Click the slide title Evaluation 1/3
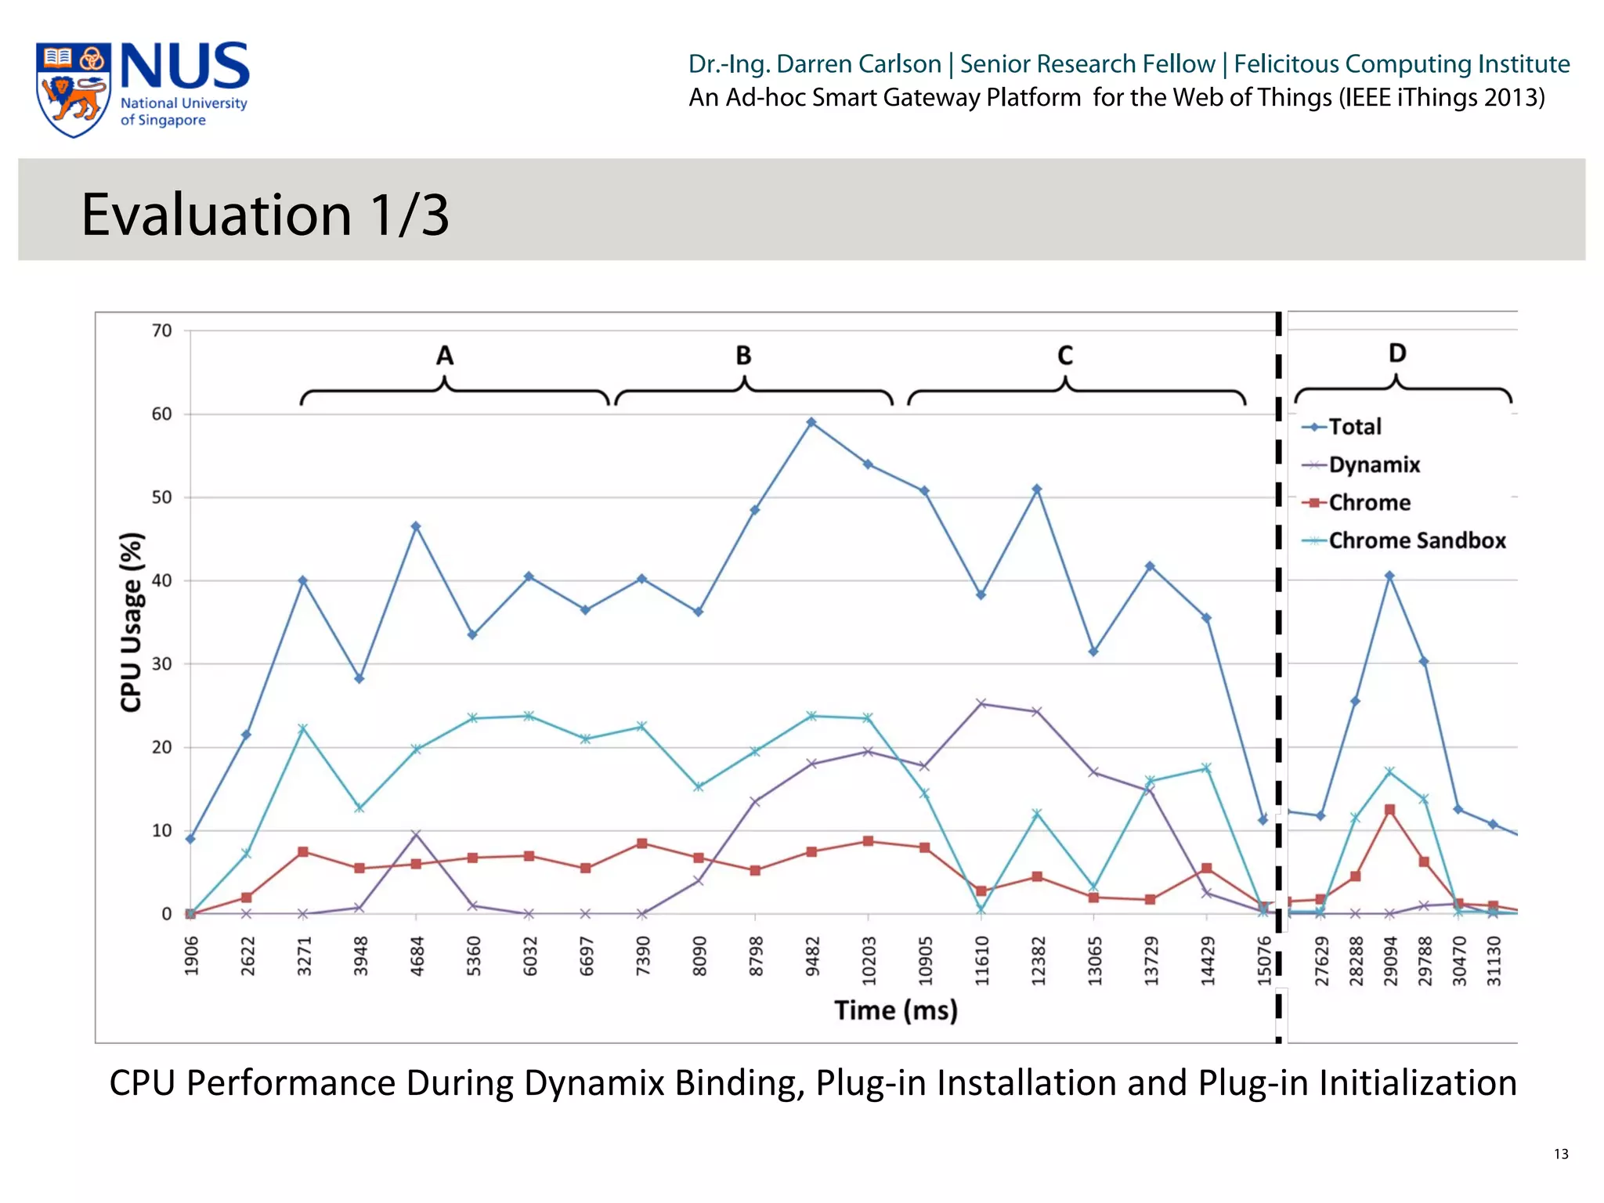(x=266, y=214)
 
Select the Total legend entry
(x=1354, y=427)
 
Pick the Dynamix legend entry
(x=1374, y=464)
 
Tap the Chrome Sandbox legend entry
(x=1416, y=540)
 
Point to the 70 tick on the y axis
(x=161, y=331)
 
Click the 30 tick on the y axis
(x=161, y=664)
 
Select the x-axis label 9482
(x=812, y=956)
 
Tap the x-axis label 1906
(x=191, y=956)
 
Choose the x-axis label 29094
(x=1390, y=960)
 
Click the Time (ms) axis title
(x=895, y=1010)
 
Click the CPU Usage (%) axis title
(x=132, y=622)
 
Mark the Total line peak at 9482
(x=811, y=422)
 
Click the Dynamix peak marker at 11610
(x=981, y=703)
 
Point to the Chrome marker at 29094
(x=1389, y=810)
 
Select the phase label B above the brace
(x=743, y=356)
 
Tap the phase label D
(x=1397, y=353)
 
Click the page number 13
(x=1561, y=1154)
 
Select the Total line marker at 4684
(x=416, y=526)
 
